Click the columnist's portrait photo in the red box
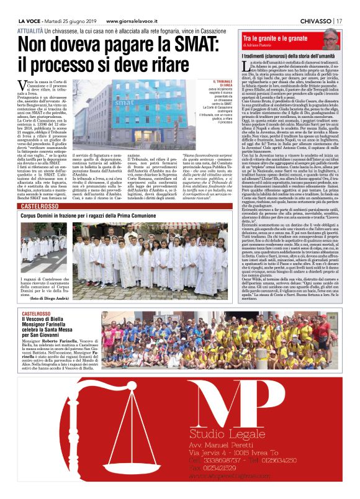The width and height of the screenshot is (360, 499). pyautogui.click(x=332, y=39)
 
